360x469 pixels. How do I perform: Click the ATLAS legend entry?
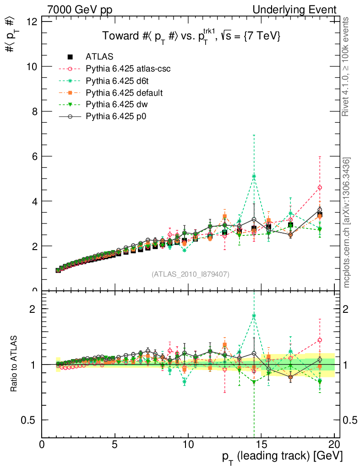[99, 57]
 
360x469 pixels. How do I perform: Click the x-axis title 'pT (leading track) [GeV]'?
[282, 457]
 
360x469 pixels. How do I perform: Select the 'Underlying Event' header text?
[300, 10]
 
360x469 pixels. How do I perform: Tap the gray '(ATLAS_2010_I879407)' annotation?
[191, 274]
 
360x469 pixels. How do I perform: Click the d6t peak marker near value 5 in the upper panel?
[254, 176]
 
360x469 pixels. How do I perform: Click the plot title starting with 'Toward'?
[191, 36]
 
